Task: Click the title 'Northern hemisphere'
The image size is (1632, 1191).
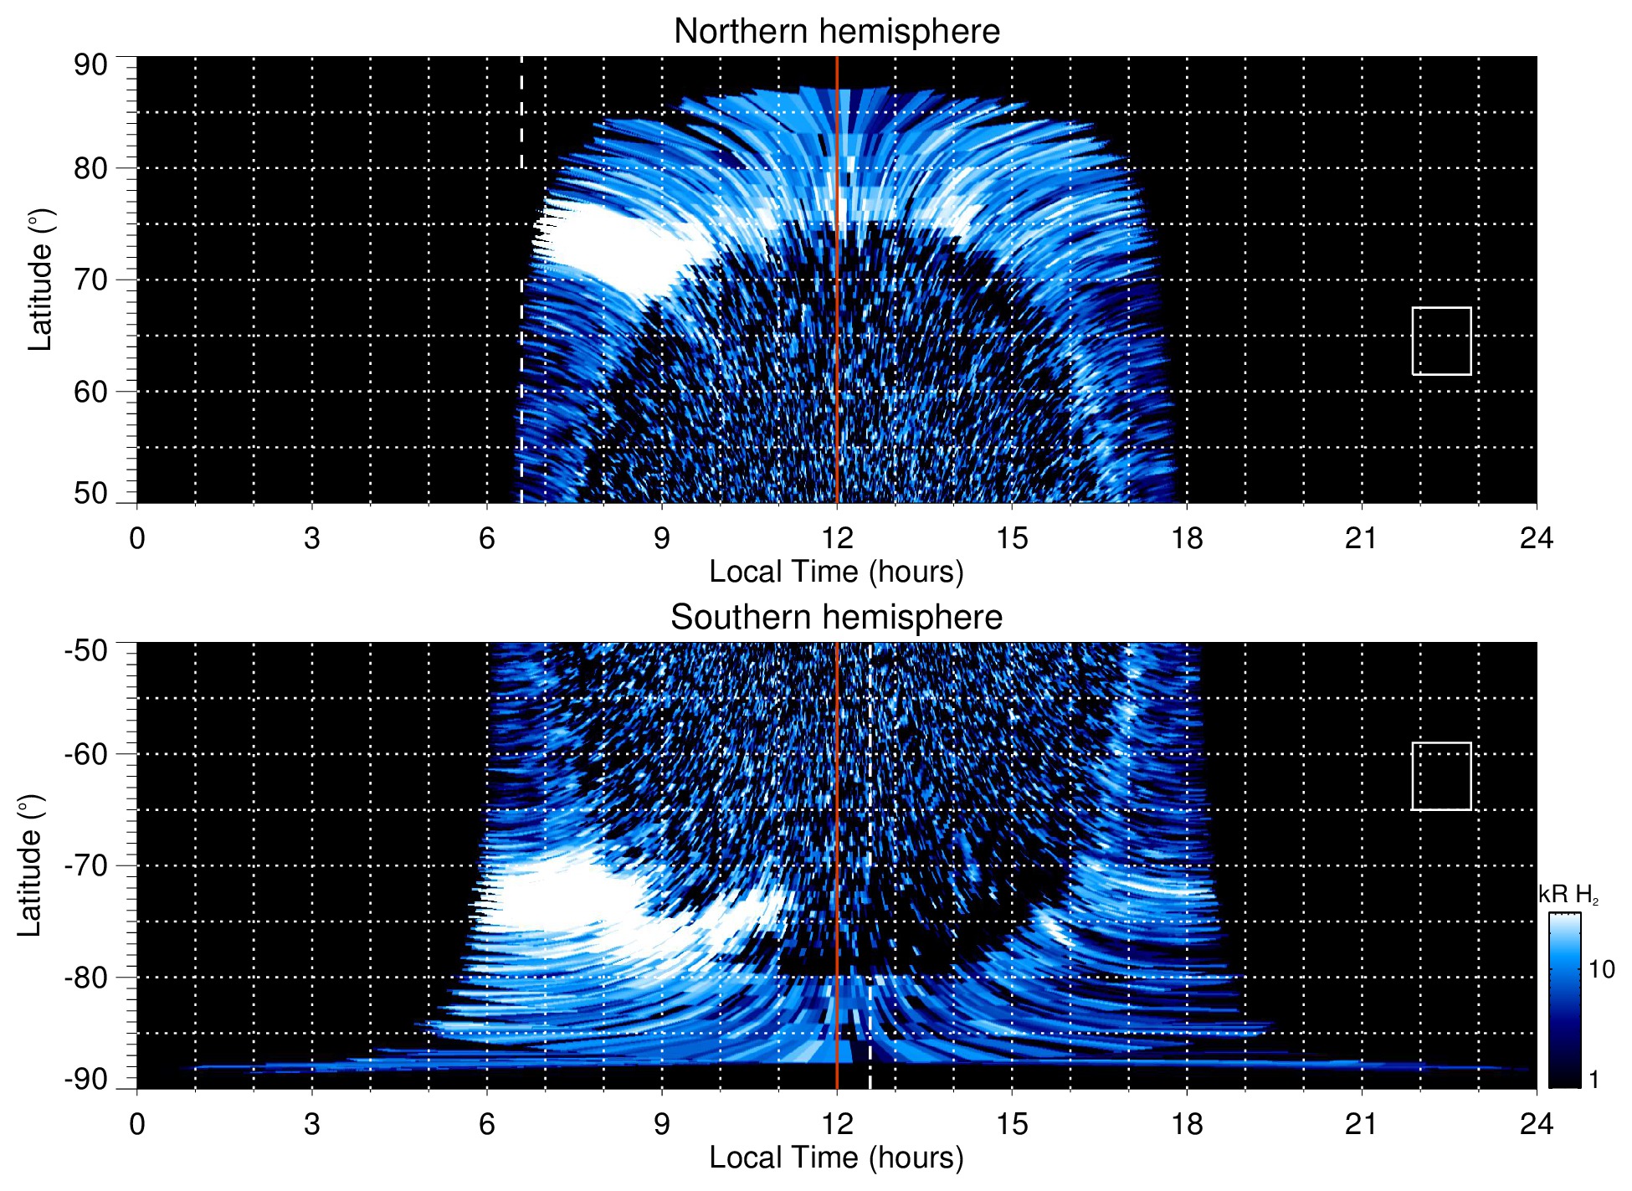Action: click(836, 32)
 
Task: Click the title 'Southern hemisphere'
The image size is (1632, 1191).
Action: click(836, 618)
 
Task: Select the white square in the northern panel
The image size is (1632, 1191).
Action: click(1441, 341)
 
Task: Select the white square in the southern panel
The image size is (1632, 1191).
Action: click(1441, 776)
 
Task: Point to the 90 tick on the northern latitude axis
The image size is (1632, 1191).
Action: click(90, 65)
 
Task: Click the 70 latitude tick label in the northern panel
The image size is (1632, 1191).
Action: click(90, 280)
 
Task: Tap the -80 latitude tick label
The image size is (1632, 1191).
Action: click(86, 977)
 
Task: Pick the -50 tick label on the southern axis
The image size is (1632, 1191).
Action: click(86, 650)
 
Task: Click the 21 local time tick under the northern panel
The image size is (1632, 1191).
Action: click(1361, 538)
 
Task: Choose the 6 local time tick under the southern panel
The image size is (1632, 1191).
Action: click(486, 1124)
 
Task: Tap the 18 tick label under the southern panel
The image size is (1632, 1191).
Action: click(1186, 1124)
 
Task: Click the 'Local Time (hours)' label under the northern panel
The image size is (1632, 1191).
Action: click(836, 572)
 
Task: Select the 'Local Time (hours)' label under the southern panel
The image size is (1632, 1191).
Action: click(836, 1158)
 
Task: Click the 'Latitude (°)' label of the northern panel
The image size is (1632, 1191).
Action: click(40, 280)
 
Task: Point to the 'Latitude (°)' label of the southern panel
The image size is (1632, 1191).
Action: click(30, 865)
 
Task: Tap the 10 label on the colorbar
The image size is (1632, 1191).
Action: click(1601, 969)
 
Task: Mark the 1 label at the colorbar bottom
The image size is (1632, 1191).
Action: click(1594, 1080)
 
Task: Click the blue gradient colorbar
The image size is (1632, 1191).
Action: click(1564, 1000)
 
